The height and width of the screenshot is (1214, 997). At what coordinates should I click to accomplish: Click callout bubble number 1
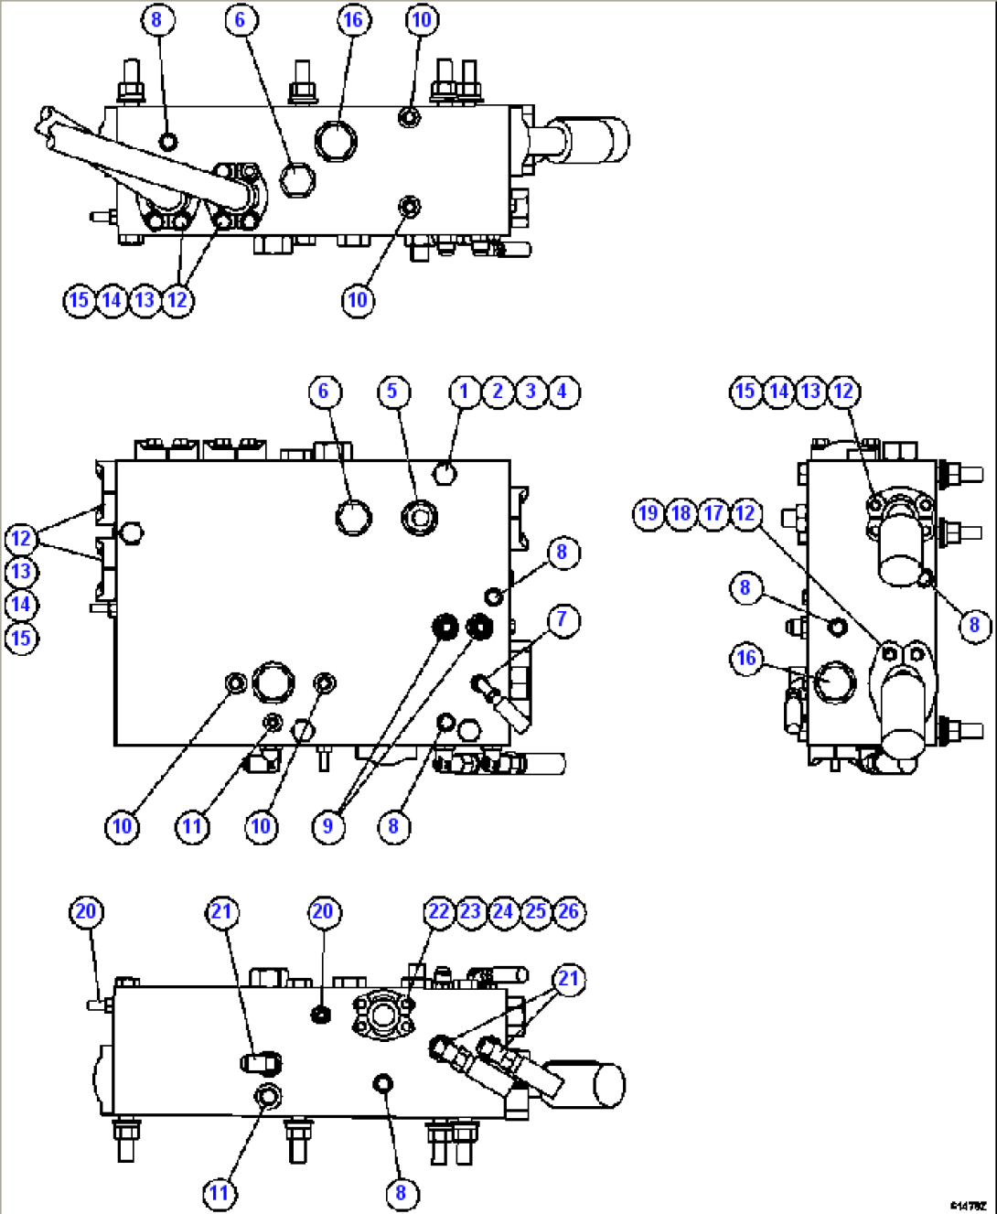tap(464, 392)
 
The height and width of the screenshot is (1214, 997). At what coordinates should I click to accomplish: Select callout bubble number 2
tap(497, 392)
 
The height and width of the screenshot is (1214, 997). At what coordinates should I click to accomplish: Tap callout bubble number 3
tap(530, 392)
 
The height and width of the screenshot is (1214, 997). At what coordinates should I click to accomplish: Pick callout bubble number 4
tap(563, 392)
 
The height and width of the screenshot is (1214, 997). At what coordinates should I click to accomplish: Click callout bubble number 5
tap(393, 392)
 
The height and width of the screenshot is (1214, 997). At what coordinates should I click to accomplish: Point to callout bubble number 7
tap(563, 620)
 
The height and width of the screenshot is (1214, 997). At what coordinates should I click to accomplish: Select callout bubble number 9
tap(327, 827)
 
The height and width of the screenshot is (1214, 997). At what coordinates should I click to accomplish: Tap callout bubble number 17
tap(713, 513)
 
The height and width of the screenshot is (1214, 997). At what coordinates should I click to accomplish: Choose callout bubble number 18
tap(681, 513)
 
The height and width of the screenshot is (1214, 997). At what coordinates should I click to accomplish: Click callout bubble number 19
tap(648, 513)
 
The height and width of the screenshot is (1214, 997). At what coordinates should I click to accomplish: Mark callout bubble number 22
tap(439, 912)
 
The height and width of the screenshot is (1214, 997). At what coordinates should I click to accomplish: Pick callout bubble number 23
tap(470, 912)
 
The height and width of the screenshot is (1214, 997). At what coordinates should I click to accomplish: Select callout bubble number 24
tap(503, 912)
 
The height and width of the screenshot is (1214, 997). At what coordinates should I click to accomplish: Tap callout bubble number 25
tap(536, 912)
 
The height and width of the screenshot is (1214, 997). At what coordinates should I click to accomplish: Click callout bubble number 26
tap(569, 912)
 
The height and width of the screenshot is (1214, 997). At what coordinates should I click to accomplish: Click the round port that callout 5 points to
tap(419, 517)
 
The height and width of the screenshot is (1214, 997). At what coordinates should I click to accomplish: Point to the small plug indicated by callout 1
tap(445, 473)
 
